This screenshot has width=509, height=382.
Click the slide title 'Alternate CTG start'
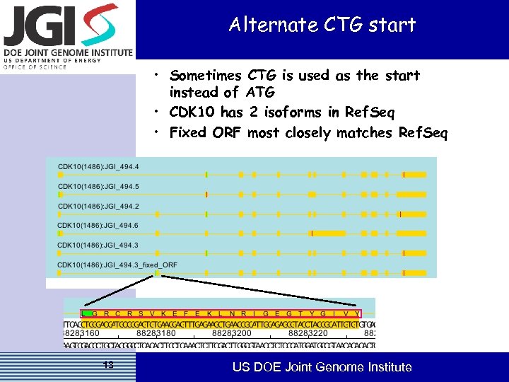[322, 25]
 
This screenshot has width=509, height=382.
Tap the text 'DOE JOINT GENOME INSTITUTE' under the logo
[67, 52]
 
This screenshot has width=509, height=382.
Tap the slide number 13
[108, 365]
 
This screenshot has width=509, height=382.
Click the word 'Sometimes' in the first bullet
[206, 76]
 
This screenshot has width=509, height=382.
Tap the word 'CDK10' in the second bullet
[192, 112]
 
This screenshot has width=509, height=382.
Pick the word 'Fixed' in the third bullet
[188, 132]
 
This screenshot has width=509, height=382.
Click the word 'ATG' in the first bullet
[260, 93]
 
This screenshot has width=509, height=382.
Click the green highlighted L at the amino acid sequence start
[85, 313]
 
